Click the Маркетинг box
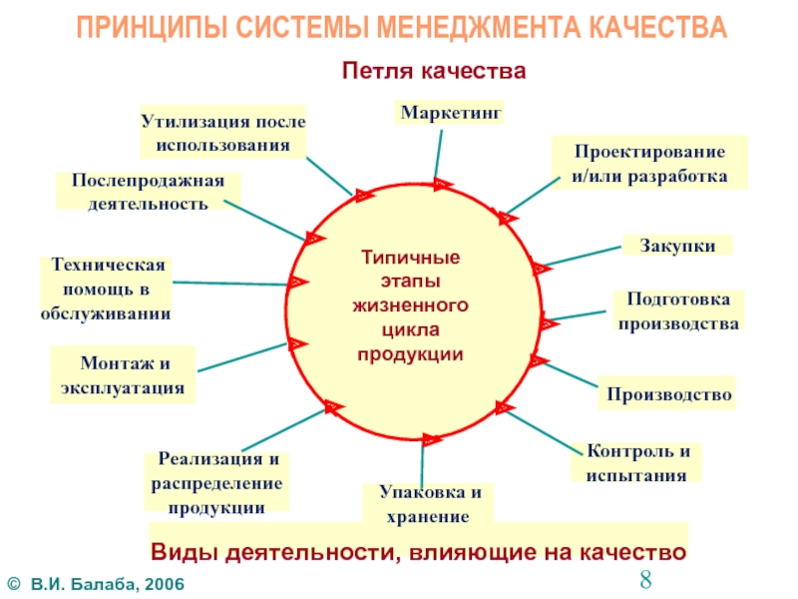pyautogui.click(x=449, y=112)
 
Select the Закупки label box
pyautogui.click(x=677, y=245)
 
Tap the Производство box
pyautogui.click(x=668, y=394)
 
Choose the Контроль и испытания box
pyautogui.click(x=636, y=462)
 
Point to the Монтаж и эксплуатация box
pyautogui.click(x=123, y=374)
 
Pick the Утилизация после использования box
pyautogui.click(x=221, y=132)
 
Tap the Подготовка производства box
pyautogui.click(x=677, y=311)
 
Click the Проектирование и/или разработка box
pyautogui.click(x=649, y=164)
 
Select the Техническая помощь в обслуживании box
pyautogui.click(x=106, y=290)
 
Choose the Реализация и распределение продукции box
pyautogui.click(x=216, y=482)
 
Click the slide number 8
pyautogui.click(x=645, y=579)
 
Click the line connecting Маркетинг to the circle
pyautogui.click(x=437, y=153)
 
